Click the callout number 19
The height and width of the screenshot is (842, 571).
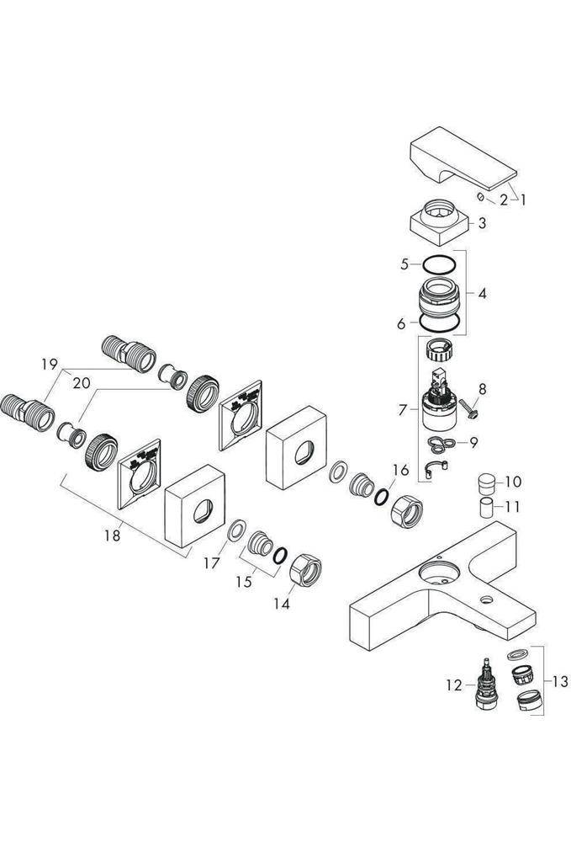coord(48,365)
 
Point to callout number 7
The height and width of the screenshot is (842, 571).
coord(404,410)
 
